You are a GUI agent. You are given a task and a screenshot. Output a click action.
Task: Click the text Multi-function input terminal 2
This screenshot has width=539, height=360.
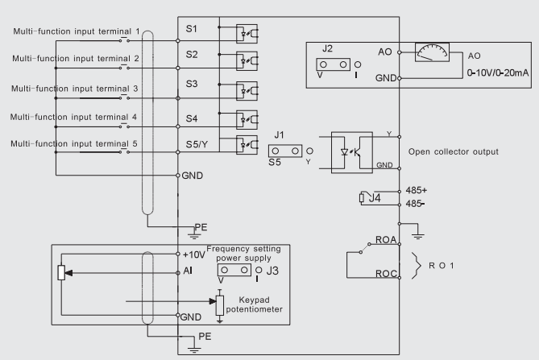(77, 59)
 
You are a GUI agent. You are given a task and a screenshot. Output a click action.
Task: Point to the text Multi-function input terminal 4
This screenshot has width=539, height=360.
(74, 116)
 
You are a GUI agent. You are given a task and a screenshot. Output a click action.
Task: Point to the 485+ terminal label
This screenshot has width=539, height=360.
(418, 190)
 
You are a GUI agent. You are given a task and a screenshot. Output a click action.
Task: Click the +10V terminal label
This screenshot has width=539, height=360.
(193, 254)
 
